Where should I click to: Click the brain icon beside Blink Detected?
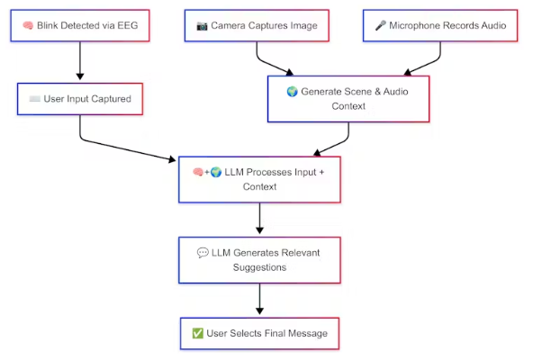click(x=28, y=25)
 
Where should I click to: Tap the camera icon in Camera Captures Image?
click(x=202, y=26)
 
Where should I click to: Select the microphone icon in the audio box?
click(x=380, y=25)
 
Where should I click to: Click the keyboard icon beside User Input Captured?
click(x=35, y=99)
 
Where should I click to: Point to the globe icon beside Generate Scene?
click(x=292, y=92)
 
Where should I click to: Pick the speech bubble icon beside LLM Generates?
click(x=203, y=253)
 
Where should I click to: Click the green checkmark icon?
click(x=197, y=333)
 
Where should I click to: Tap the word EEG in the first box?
click(x=128, y=25)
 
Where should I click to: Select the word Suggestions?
click(x=259, y=267)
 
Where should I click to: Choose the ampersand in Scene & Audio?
click(x=377, y=92)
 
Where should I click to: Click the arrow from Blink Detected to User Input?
click(x=80, y=60)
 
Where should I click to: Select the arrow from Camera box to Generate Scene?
click(x=268, y=62)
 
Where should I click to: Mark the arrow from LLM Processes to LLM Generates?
click(x=259, y=218)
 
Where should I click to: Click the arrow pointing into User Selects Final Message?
click(x=259, y=299)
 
